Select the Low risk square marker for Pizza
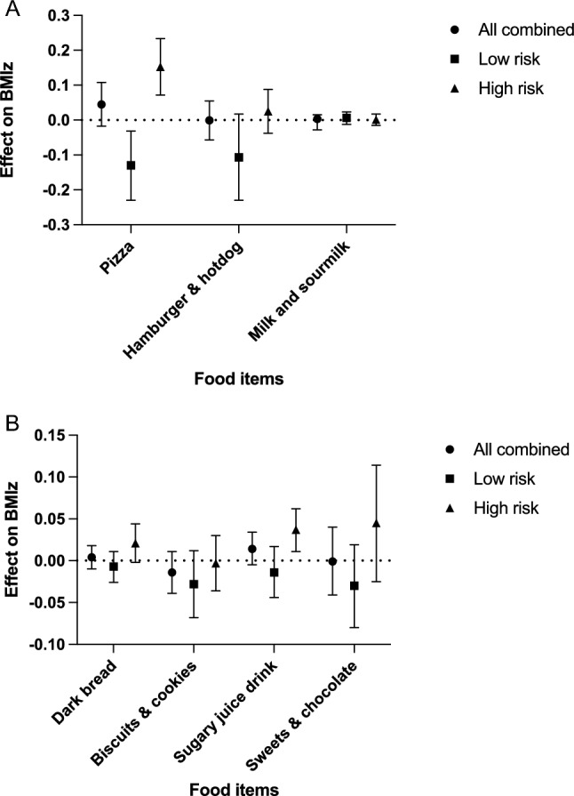[x=132, y=165]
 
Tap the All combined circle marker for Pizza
[x=101, y=105]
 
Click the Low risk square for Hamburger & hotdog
[x=238, y=157]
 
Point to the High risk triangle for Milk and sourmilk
[x=376, y=121]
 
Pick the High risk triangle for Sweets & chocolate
[x=376, y=523]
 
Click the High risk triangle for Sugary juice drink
[x=296, y=530]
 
